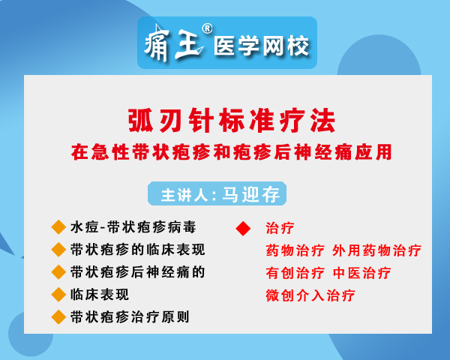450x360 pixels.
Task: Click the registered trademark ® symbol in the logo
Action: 207,28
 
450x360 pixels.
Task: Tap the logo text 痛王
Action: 174,43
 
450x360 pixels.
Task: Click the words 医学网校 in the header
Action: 261,46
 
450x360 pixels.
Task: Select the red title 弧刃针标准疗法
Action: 232,121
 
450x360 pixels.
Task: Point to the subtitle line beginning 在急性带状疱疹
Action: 231,152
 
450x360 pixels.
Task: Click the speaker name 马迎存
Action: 250,194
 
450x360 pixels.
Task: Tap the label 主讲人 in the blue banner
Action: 184,195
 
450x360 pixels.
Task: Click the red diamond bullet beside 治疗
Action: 243,229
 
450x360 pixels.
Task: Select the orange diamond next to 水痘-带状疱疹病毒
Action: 58,227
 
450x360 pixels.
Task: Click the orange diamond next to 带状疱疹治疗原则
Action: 58,317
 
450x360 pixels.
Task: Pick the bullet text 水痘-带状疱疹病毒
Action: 133,227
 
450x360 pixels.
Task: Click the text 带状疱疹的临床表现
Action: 138,250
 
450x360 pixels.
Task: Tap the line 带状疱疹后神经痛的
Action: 138,271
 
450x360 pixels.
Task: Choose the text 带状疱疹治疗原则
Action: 130,317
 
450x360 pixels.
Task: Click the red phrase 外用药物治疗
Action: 376,250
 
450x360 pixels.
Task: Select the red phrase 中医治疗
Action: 361,273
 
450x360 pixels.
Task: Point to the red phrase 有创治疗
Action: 295,273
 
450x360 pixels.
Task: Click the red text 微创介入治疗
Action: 310,295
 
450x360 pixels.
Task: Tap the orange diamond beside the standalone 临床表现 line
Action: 58,295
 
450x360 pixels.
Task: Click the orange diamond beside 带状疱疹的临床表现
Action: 58,250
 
